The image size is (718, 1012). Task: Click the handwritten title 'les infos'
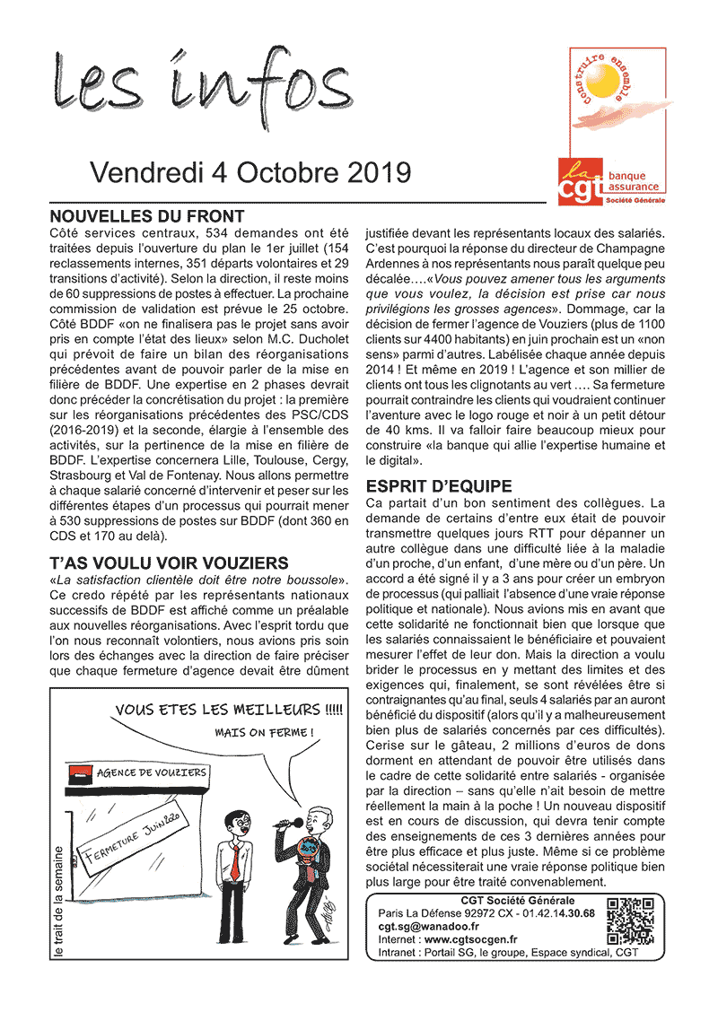[x=203, y=86]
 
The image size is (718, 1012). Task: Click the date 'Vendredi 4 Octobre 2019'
[x=250, y=172]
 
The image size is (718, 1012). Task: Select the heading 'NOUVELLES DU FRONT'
[x=146, y=216]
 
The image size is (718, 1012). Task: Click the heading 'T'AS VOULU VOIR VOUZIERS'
[x=169, y=563]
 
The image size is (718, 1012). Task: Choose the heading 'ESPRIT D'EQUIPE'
[x=439, y=486]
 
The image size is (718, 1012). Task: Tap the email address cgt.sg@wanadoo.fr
[x=428, y=926]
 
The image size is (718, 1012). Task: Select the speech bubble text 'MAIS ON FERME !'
[x=265, y=732]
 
